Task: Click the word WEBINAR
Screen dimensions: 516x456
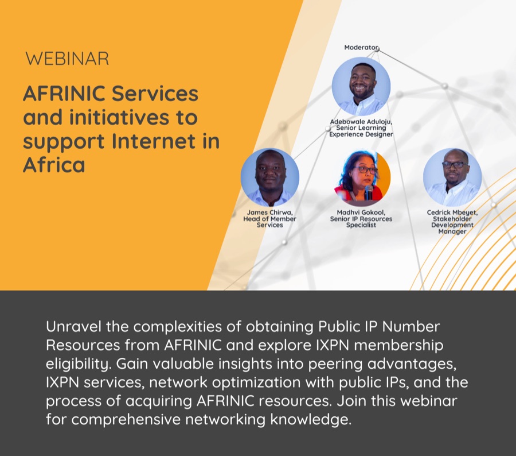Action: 67,59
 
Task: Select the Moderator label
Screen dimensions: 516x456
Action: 361,48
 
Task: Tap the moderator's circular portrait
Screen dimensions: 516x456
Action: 361,86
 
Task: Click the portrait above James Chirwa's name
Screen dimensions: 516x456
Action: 270,177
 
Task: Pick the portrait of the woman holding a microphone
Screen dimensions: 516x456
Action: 361,177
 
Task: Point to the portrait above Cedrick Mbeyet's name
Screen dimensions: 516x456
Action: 452,177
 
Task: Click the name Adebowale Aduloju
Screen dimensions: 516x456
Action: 361,122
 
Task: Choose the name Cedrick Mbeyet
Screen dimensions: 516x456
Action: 452,212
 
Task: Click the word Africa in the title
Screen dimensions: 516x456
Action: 54,164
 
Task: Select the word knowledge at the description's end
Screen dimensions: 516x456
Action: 311,420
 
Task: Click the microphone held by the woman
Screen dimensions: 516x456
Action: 369,192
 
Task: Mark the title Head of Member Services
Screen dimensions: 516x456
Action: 270,222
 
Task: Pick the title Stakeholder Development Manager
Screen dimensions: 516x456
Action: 452,225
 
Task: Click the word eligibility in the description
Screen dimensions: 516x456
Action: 79,364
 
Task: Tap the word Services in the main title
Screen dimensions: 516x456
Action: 155,94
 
